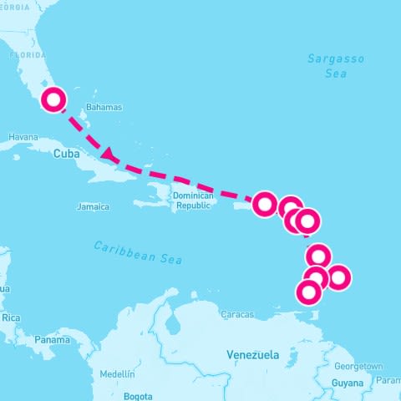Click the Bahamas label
(104, 107)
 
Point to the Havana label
(23, 136)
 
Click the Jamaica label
(93, 206)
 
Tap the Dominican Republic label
(194, 200)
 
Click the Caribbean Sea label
(138, 252)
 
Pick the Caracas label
(236, 315)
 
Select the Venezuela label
(252, 355)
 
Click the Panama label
(53, 340)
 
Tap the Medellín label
(116, 373)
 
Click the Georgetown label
(358, 367)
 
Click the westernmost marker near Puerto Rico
(265, 204)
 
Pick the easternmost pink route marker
(338, 277)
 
